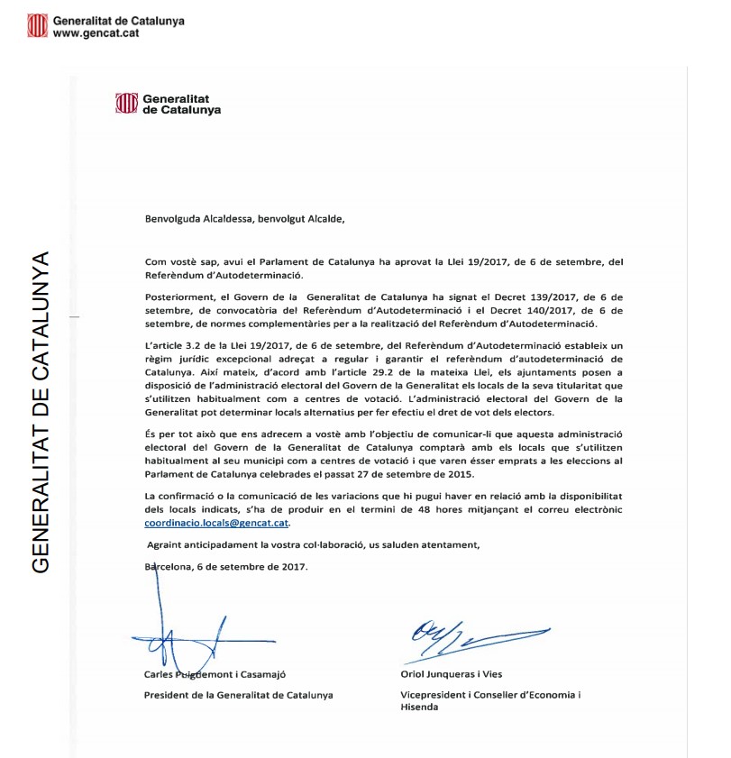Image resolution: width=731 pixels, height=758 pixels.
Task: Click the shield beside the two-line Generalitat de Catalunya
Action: [x=126, y=103]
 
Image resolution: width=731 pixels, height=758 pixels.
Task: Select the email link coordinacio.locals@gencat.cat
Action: [x=217, y=523]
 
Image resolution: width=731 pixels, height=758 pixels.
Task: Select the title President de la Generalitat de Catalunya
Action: [x=238, y=695]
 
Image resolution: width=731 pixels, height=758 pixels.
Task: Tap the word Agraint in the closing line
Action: [x=166, y=545]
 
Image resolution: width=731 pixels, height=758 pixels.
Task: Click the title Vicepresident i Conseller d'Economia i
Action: [x=490, y=695]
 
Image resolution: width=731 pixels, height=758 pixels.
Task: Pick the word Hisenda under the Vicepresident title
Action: [x=419, y=708]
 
